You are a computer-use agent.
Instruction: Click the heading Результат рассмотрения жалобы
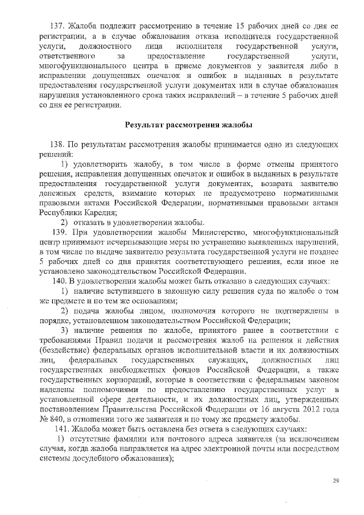click(189, 125)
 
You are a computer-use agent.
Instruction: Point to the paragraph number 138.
click(59, 145)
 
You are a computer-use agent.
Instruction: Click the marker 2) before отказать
click(65, 222)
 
